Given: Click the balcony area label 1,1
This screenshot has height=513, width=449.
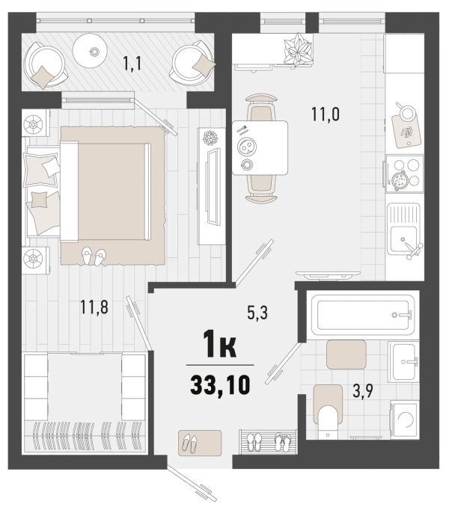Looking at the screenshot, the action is point(132,63).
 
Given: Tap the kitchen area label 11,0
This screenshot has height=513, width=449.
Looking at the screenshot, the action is point(326,114).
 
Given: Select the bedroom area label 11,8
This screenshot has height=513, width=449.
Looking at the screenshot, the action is point(94,307).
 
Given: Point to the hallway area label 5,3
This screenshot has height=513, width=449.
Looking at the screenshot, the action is point(257,313).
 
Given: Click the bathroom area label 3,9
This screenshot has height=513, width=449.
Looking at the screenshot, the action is point(363,390).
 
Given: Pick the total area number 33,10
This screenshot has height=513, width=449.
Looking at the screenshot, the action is point(220,384).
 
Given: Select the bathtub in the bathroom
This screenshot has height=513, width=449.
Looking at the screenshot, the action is point(362,314).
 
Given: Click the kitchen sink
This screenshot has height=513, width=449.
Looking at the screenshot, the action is point(403,229).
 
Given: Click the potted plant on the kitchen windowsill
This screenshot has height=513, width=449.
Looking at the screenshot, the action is point(297,50).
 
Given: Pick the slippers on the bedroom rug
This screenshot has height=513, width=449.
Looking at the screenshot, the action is point(94,256).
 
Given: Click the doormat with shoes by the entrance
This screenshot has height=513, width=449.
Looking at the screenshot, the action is point(200,443).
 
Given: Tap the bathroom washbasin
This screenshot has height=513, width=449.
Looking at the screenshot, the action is point(403,362).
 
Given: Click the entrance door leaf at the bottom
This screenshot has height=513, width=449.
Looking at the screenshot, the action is point(192,485).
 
